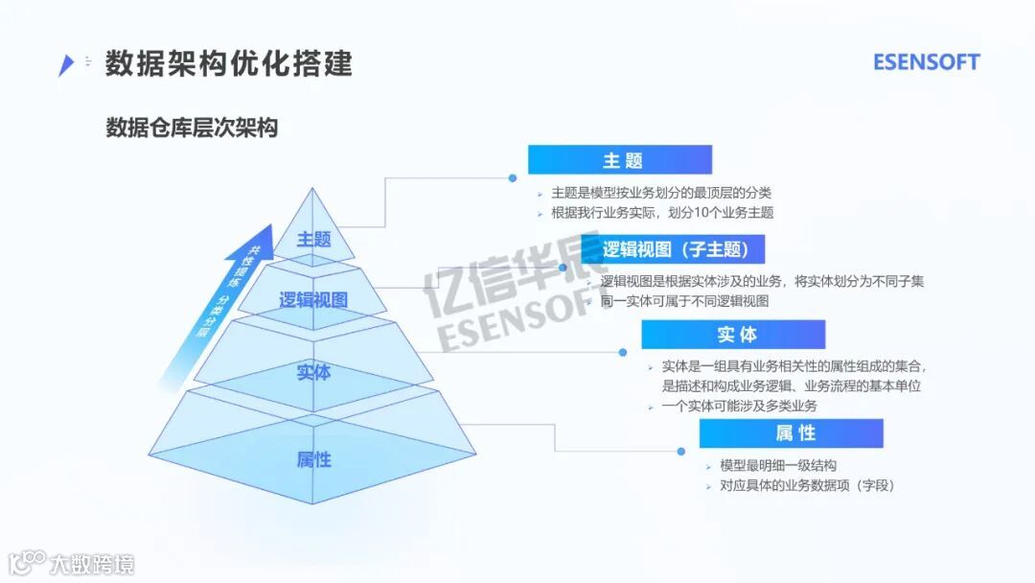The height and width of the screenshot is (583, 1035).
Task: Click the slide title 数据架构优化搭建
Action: (229, 63)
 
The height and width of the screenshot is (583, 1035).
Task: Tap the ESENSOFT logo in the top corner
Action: (926, 62)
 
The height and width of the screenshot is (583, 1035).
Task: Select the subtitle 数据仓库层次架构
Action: (192, 128)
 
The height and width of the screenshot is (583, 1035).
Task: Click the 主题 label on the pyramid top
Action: (313, 239)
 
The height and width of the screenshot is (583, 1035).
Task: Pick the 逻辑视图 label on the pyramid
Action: (313, 299)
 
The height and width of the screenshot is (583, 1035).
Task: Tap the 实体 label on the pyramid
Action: (313, 372)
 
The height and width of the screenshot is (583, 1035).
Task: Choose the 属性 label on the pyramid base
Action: (313, 459)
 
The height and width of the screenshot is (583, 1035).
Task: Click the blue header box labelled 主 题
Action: (620, 160)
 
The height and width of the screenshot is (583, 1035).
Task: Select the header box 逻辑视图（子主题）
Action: (672, 250)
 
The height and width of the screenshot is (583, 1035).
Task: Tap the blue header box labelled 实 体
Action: (733, 335)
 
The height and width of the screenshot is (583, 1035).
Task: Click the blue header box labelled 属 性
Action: (791, 433)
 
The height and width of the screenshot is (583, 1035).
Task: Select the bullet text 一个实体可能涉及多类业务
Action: (739, 407)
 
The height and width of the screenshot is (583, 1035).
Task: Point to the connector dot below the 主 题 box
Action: (513, 177)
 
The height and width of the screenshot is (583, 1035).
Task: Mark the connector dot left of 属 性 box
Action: (680, 451)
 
